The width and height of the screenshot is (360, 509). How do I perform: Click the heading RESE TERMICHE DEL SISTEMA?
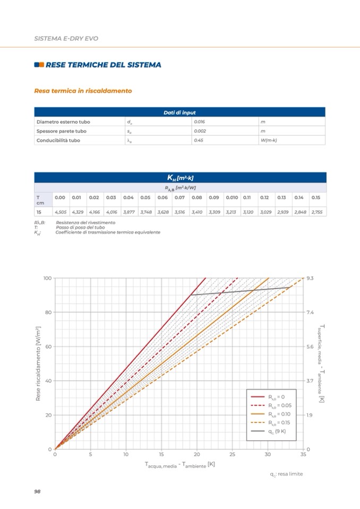[x=104, y=65]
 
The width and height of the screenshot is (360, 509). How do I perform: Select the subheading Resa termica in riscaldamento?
[x=82, y=91]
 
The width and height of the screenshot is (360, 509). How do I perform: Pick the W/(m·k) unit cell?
[x=270, y=140]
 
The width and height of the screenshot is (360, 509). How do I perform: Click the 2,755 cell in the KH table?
[x=316, y=212]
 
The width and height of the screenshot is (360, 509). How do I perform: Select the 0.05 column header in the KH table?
[x=145, y=197]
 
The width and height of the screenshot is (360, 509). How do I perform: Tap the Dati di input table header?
[x=179, y=113]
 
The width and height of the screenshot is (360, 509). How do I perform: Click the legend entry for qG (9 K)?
[x=277, y=431]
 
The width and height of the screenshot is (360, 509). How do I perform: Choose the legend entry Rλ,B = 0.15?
[x=277, y=422]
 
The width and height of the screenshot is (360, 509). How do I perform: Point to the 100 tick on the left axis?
[x=47, y=278]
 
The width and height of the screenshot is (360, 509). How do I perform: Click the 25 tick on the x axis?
[x=232, y=454]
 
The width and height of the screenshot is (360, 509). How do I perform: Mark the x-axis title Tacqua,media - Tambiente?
[x=179, y=464]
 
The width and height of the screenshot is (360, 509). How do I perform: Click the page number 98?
[x=37, y=491]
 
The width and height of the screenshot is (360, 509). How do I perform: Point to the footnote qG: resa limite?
[x=286, y=473]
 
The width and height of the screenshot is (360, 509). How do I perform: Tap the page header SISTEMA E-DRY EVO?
[x=66, y=39]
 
